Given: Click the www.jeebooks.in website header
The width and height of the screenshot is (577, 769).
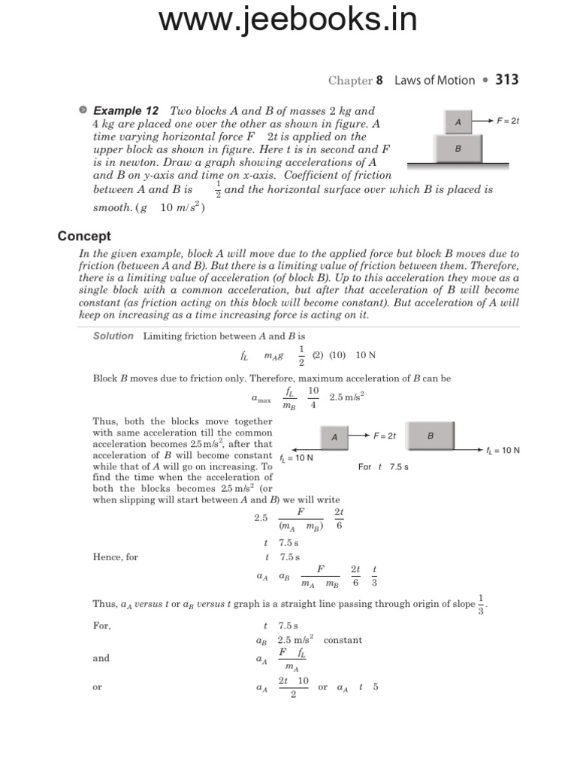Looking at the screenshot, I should point(288,20).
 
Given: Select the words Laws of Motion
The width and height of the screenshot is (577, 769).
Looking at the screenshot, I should point(434,80).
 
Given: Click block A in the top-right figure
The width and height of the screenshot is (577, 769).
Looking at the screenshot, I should point(458,121).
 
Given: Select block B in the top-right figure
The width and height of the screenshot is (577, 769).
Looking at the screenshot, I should point(458,149).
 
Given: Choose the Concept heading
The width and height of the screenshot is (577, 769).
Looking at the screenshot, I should point(84,237).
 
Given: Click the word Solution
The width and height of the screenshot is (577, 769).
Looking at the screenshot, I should point(113,336).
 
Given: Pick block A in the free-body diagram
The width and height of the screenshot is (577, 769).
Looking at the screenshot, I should point(334,437).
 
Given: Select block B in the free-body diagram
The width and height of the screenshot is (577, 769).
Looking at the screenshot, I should point(430,435).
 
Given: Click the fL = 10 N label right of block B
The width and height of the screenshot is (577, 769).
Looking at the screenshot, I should point(503,450).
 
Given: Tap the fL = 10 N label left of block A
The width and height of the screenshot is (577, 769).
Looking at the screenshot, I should point(296,457).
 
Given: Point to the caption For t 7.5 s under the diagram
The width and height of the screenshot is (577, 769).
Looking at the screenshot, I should point(383,466).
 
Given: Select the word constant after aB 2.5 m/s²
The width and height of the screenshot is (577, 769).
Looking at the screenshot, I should point(343,640).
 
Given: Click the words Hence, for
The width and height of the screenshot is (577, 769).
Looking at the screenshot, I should point(116,557).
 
